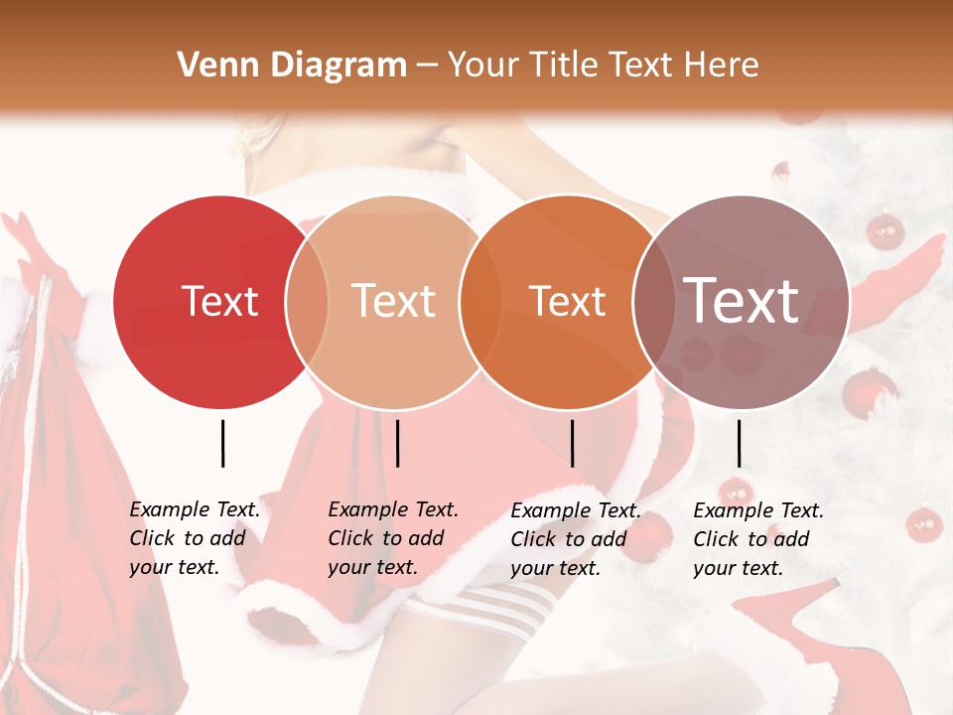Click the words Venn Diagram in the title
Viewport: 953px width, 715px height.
click(x=292, y=66)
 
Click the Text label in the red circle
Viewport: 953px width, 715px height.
click(x=219, y=302)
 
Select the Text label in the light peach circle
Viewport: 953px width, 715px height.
click(x=394, y=302)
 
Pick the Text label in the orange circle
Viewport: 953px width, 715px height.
click(x=568, y=302)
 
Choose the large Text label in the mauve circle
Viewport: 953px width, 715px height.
click(x=742, y=301)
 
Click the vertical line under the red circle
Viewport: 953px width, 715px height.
click(x=222, y=443)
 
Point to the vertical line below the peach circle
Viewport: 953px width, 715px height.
click(x=397, y=443)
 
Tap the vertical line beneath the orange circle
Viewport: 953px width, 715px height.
click(x=572, y=443)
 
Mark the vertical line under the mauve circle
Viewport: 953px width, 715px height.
click(x=739, y=443)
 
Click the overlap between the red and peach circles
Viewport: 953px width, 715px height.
click(x=307, y=302)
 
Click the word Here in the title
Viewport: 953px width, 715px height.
click(x=722, y=66)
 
